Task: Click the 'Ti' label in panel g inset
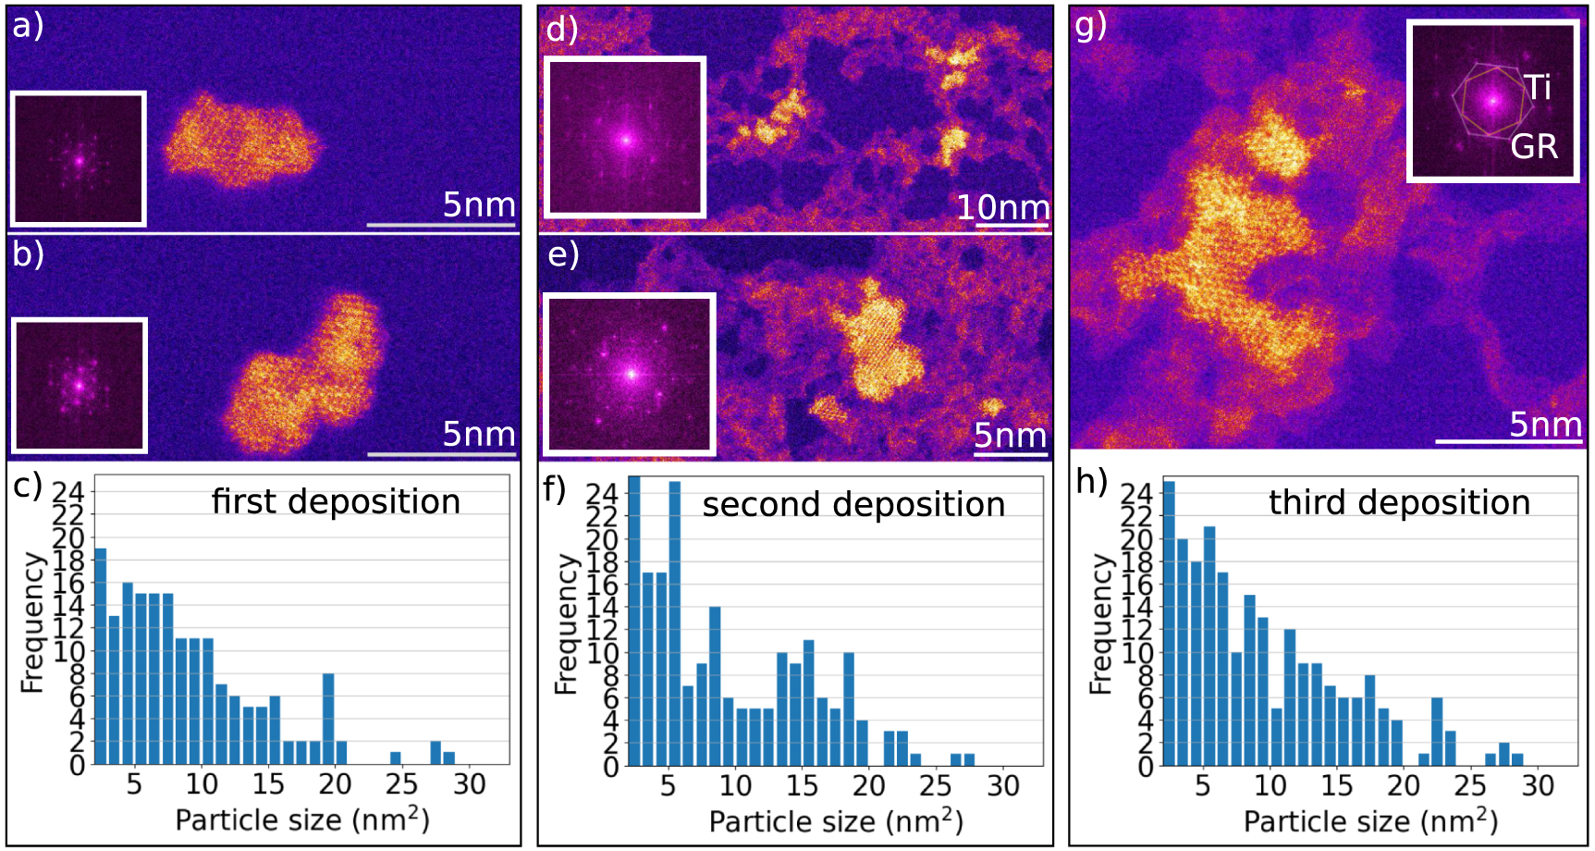click(x=1537, y=88)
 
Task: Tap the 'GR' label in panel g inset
click(x=1534, y=146)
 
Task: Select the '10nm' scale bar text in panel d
click(x=1002, y=207)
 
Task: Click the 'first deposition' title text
click(x=336, y=501)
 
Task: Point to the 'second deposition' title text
click(x=853, y=504)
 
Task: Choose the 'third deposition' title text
click(x=1398, y=502)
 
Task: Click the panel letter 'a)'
click(x=28, y=25)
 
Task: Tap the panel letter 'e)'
click(x=563, y=253)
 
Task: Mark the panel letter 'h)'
click(x=1092, y=482)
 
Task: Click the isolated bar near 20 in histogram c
click(x=328, y=719)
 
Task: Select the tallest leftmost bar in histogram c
click(x=101, y=656)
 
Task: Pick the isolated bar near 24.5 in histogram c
click(x=396, y=758)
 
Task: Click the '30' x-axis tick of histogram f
click(x=1002, y=786)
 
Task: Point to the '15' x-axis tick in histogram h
click(x=1336, y=786)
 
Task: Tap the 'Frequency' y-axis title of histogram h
click(x=1100, y=624)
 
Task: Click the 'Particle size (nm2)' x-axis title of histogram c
click(x=302, y=820)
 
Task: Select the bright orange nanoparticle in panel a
click(x=240, y=143)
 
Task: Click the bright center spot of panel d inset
click(x=626, y=141)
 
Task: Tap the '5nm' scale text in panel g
click(x=1544, y=425)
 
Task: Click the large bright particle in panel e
click(x=878, y=342)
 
